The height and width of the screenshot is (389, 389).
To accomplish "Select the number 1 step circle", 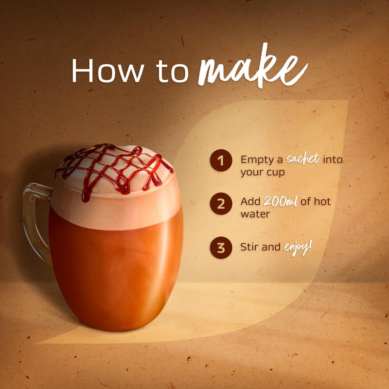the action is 221,160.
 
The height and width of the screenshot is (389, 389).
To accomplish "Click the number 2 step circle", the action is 221,204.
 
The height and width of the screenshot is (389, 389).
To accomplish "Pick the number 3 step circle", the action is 221,248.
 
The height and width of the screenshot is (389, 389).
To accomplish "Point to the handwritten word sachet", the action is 303,159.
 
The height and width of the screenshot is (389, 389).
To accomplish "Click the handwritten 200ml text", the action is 281,201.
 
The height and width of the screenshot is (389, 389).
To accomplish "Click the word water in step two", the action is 255,214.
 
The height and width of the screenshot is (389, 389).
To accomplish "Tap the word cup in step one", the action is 276,173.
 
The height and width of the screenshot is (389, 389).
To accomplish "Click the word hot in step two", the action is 322,201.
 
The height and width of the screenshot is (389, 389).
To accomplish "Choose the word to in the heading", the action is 173,71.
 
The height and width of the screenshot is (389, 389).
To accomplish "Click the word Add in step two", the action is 250,201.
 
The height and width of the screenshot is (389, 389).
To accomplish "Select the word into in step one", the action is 333,159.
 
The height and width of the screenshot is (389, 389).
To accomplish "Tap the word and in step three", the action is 271,247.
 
